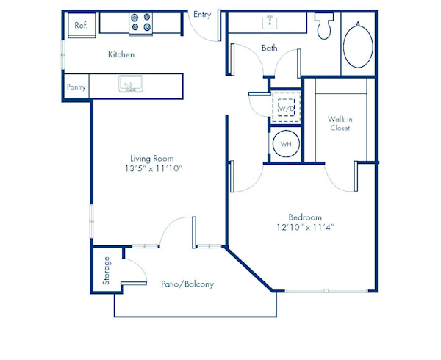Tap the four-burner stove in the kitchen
coord(140,24)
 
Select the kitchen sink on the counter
coord(129,86)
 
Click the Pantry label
coord(76,87)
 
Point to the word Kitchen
coord(121,54)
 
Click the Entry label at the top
coord(202,15)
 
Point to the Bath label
coord(269,48)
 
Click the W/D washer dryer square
coord(286,109)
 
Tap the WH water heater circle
coord(286,144)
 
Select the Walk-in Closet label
coord(340,123)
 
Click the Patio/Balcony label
coord(188,284)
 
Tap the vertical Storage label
coord(107,270)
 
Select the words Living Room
coord(155,158)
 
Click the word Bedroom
coord(305,217)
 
